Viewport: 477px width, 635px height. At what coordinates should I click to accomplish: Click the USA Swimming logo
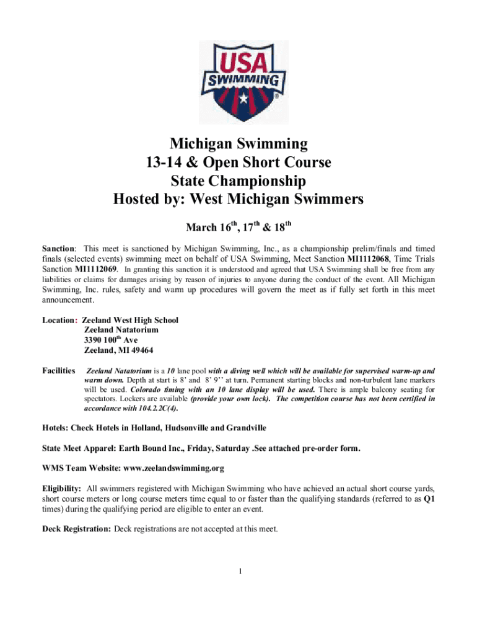tap(243, 81)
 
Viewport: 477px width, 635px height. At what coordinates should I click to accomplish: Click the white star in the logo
tap(243, 99)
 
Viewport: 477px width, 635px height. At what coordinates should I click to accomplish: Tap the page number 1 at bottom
tap(239, 571)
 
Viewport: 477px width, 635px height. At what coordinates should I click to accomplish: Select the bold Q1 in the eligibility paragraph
tap(428, 498)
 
